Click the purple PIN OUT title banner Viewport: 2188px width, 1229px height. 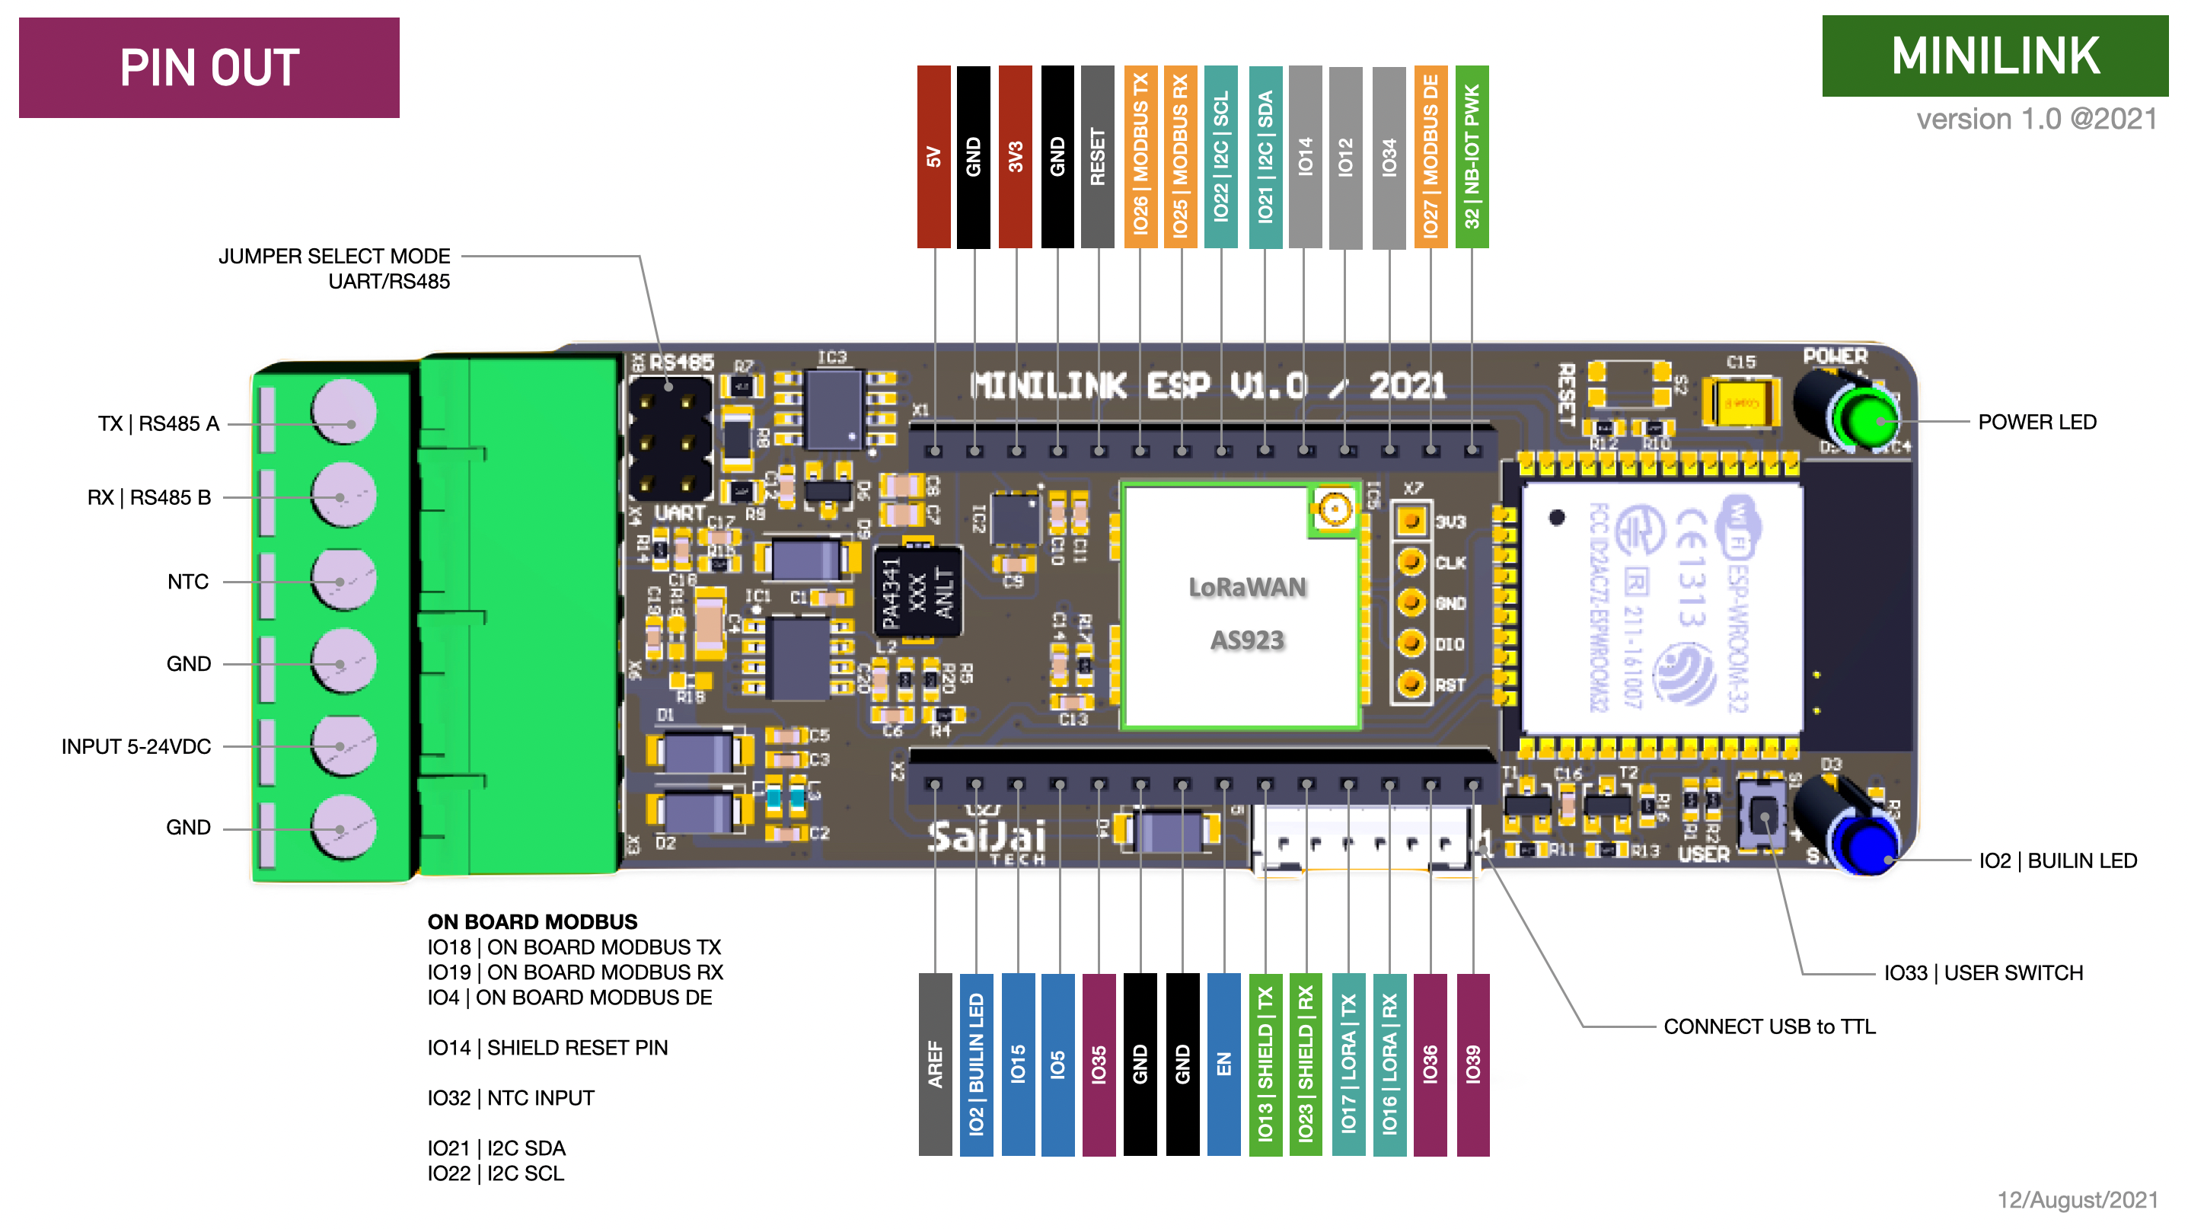(x=209, y=68)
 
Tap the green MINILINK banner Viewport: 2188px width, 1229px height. (x=1995, y=56)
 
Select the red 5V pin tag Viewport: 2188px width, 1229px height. (x=933, y=156)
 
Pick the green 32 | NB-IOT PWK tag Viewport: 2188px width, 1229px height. (x=1472, y=156)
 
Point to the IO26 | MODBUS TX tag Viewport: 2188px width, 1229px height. (x=1140, y=156)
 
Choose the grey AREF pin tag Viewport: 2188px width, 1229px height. (x=935, y=1065)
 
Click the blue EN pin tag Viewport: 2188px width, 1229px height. (x=1224, y=1065)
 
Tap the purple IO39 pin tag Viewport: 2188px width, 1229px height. (x=1473, y=1065)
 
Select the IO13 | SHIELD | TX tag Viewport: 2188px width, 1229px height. (x=1265, y=1065)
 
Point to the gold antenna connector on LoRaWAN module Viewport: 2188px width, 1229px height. (x=1335, y=509)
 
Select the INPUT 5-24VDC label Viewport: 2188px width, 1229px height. (x=136, y=746)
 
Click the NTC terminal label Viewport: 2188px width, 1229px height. (x=188, y=582)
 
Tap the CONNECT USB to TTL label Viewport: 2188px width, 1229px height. (x=1769, y=1027)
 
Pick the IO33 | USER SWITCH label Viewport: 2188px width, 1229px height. (x=1983, y=972)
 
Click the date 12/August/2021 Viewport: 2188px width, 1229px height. (x=2078, y=1199)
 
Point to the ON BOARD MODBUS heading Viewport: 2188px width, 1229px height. (x=533, y=921)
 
